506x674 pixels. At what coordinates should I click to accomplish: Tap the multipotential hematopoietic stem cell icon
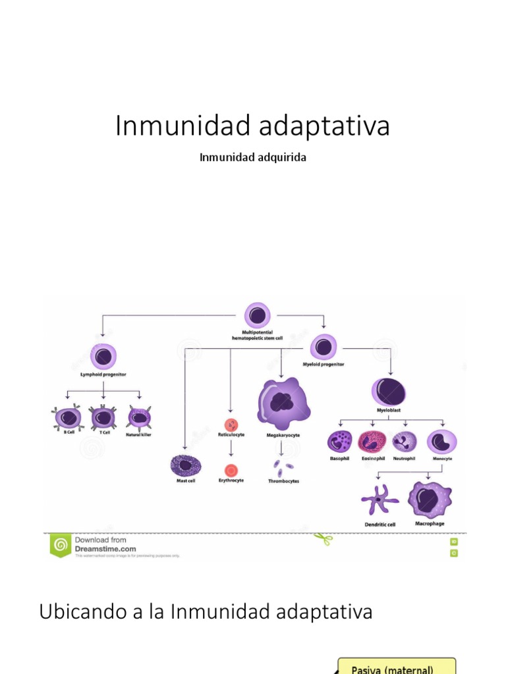[x=257, y=316]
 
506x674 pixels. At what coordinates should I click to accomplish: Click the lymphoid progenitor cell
[x=103, y=357]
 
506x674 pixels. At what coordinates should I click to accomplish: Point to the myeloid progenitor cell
[x=323, y=347]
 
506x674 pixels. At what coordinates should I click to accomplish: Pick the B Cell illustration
[x=66, y=417]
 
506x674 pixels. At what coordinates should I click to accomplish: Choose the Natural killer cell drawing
[x=139, y=417]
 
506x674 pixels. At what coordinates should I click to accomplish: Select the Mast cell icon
[x=185, y=465]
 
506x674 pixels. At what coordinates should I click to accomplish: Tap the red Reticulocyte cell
[x=231, y=425]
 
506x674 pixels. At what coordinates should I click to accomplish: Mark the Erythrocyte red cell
[x=231, y=470]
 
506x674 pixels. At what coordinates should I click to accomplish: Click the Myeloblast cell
[x=389, y=391]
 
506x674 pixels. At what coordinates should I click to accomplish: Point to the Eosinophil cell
[x=373, y=442]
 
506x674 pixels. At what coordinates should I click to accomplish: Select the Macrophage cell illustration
[x=429, y=500]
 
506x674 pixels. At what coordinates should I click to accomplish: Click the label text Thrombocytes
[x=283, y=481]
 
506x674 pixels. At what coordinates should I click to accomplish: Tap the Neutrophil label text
[x=405, y=458]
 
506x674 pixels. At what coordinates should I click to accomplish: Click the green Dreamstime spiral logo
[x=60, y=544]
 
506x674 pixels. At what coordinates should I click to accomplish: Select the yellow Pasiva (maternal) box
[x=397, y=666]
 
